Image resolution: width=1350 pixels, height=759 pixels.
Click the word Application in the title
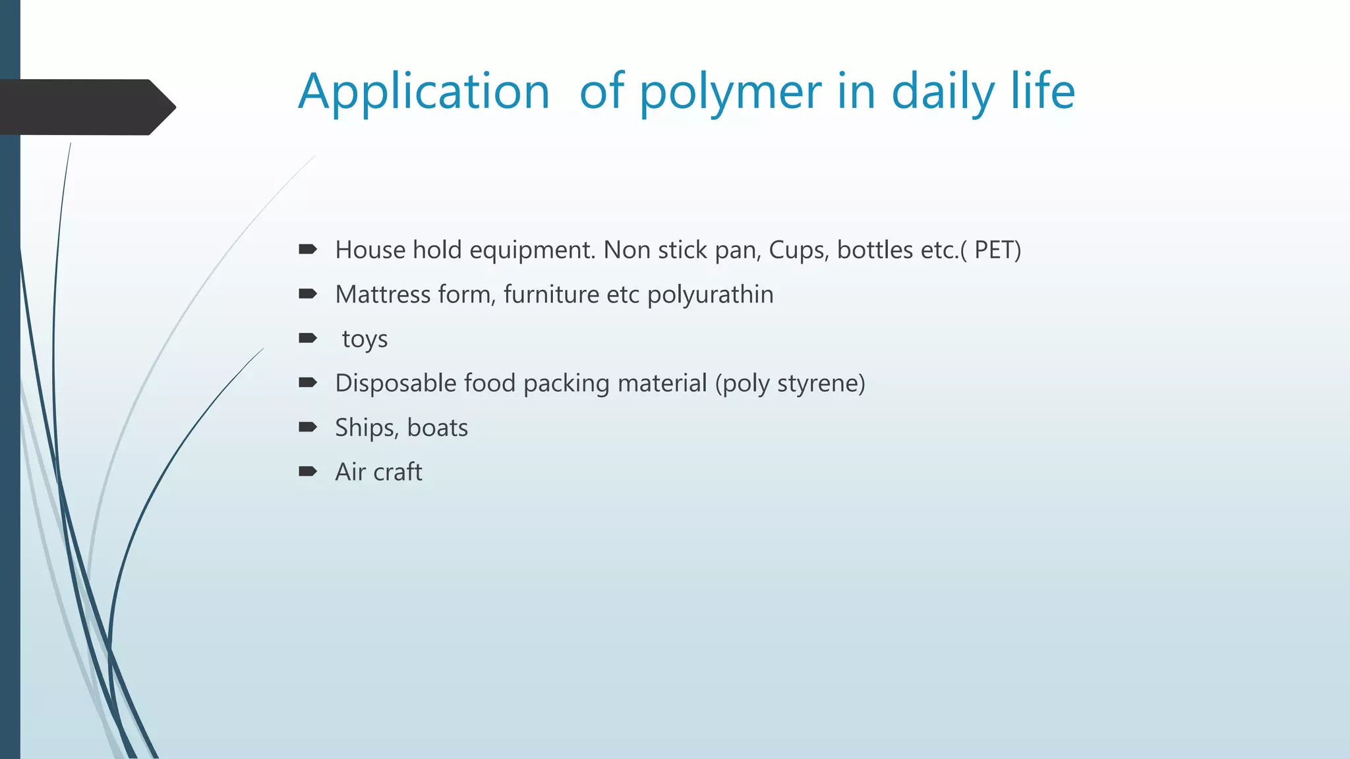pos(423,92)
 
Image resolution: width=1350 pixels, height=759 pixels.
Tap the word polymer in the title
pos(730,92)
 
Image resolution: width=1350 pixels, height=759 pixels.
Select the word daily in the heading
pos(943,92)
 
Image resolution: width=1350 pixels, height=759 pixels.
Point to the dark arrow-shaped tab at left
pos(86,107)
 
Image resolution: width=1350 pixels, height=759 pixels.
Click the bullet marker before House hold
pos(308,249)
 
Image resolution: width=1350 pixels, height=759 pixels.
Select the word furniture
pos(551,295)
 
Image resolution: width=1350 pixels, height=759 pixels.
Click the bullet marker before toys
pos(308,338)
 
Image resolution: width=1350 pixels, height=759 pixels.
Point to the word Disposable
pos(396,383)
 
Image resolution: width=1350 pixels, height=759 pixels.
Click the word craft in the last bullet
pos(397,472)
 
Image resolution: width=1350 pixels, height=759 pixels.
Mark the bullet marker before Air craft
pos(308,471)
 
